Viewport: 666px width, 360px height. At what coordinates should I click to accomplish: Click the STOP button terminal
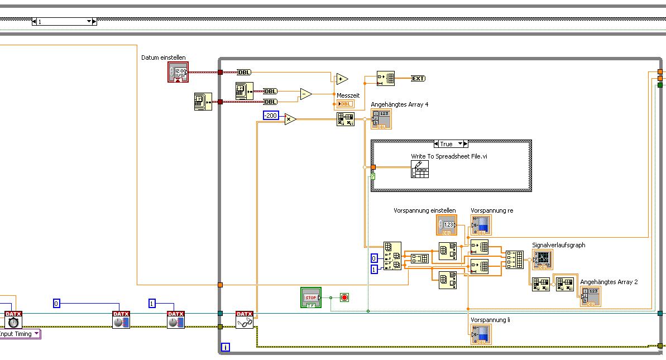(x=311, y=297)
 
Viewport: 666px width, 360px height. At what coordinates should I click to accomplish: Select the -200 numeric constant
(x=271, y=116)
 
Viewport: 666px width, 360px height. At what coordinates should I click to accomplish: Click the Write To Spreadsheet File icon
(x=419, y=169)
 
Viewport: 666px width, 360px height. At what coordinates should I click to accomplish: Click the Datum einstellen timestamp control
(x=178, y=72)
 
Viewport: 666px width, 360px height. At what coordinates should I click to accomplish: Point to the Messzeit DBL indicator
(x=344, y=104)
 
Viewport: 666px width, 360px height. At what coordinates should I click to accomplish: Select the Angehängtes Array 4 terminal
(x=381, y=119)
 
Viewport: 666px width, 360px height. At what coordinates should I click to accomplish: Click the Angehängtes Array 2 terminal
(x=591, y=296)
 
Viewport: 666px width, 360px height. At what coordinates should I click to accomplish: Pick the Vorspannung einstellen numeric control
(x=447, y=224)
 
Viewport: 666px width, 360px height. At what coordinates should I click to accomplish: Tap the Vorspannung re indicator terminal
(x=481, y=224)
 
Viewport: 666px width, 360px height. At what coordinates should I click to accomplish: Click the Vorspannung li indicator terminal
(x=481, y=334)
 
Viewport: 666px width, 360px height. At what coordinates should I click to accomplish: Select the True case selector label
(x=447, y=144)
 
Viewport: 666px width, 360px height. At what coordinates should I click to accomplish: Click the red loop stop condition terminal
(x=344, y=297)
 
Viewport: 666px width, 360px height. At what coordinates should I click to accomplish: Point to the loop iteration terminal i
(x=226, y=347)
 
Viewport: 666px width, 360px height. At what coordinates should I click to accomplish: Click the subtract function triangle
(x=305, y=94)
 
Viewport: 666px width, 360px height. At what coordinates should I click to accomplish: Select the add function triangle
(x=341, y=79)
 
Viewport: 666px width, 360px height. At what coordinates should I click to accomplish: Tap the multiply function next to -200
(x=290, y=118)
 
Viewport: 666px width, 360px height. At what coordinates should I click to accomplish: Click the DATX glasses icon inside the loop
(x=245, y=320)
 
